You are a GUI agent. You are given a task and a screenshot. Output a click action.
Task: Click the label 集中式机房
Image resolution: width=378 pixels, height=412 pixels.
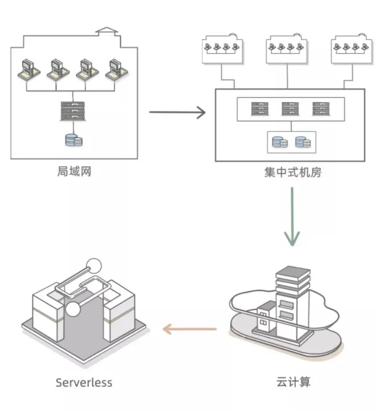coord(293,172)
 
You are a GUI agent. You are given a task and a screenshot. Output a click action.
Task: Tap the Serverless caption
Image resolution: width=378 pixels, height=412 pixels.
coord(84,382)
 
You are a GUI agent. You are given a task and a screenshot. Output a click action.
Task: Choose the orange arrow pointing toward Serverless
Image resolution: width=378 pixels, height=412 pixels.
coord(190,329)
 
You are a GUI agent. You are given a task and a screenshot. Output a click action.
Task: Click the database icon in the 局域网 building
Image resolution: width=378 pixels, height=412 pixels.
coord(73,139)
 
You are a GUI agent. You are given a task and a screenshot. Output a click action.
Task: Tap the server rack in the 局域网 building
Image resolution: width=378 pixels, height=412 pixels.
coord(72,111)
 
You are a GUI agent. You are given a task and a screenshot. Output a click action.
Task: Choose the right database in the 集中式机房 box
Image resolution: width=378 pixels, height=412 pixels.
coord(302,141)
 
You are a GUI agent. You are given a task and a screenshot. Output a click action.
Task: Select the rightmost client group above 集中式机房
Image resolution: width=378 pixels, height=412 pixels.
coord(351,49)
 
